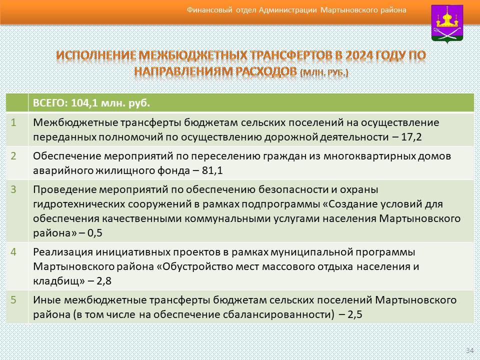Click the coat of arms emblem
click(x=447, y=24)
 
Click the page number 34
click(x=469, y=350)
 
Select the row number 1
click(x=13, y=123)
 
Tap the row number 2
click(x=13, y=156)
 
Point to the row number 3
click(x=13, y=189)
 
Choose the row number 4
click(x=13, y=252)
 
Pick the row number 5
click(x=13, y=299)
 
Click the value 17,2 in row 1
click(x=411, y=137)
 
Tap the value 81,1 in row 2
click(x=212, y=170)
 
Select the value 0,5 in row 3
click(x=95, y=233)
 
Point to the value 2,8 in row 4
click(x=104, y=281)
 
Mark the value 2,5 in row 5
click(x=355, y=314)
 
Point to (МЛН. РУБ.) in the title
click(x=324, y=73)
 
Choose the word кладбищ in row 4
click(x=57, y=281)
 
